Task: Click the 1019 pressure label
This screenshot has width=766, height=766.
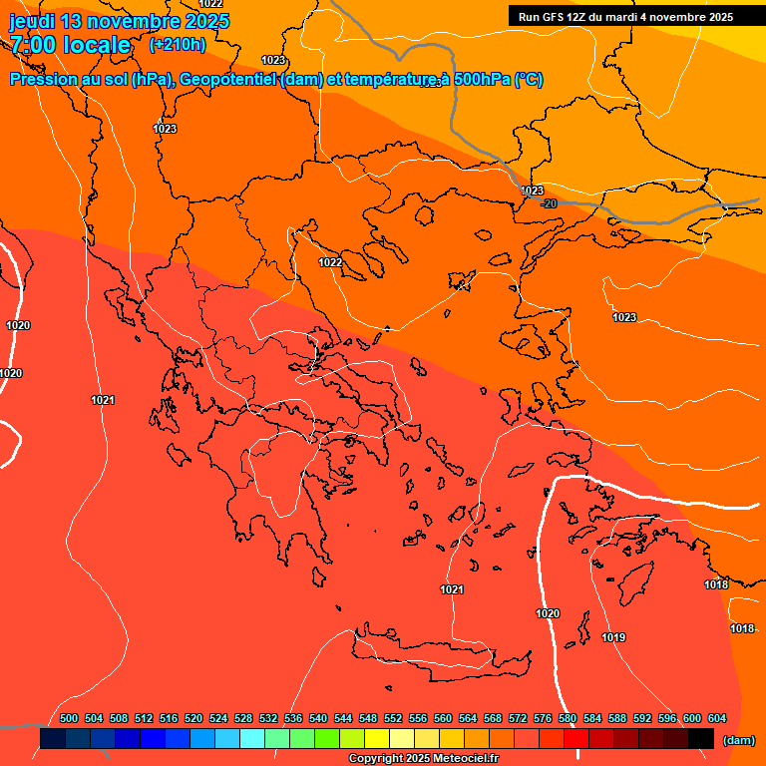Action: pos(613,637)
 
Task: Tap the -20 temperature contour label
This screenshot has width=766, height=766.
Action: pos(549,203)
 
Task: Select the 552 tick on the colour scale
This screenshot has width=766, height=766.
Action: pos(393,718)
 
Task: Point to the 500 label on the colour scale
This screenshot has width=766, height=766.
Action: pos(69,718)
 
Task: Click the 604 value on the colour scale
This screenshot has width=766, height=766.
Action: pos(717,718)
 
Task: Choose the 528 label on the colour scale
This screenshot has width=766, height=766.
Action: pos(243,718)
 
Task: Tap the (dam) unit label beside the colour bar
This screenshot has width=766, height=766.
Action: pos(738,740)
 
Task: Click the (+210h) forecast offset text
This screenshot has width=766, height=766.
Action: pos(177,44)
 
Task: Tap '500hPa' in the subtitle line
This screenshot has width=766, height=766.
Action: pos(475,80)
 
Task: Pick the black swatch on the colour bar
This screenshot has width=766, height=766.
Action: pos(700,738)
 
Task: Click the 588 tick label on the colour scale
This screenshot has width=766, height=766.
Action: pos(617,718)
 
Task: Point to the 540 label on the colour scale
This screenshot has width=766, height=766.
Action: pos(318,718)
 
